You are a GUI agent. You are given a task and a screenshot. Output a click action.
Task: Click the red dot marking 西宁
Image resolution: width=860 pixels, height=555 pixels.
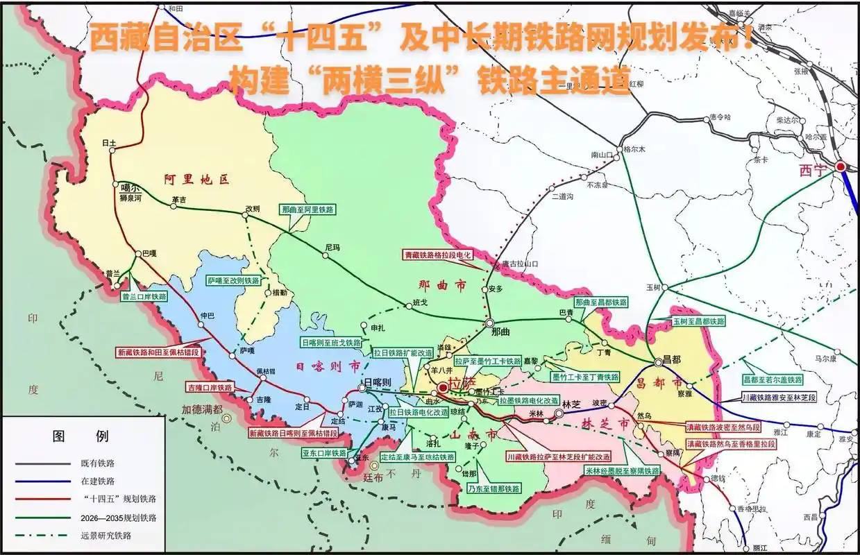(841, 166)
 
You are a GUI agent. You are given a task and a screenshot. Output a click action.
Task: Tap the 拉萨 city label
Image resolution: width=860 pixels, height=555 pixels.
(459, 382)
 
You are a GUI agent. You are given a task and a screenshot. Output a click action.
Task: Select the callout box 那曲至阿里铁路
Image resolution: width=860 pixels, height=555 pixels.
(308, 209)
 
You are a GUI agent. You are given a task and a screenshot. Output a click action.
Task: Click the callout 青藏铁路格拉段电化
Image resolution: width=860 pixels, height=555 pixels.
(438, 255)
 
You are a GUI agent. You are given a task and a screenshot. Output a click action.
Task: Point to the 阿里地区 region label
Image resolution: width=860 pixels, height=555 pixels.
(196, 179)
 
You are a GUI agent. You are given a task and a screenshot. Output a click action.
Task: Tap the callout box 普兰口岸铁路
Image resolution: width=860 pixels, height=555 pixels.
(144, 296)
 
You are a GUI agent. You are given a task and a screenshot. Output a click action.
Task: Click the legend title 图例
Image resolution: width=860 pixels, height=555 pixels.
(81, 436)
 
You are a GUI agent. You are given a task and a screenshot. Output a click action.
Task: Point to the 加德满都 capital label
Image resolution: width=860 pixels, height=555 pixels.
(202, 409)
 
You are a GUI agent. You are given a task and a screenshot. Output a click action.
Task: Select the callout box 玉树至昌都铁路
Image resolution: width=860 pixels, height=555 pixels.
(698, 321)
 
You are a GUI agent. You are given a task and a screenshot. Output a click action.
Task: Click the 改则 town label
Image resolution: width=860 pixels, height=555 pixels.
(252, 208)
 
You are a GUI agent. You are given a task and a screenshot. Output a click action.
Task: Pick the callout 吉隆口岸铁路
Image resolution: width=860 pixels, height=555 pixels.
(210, 387)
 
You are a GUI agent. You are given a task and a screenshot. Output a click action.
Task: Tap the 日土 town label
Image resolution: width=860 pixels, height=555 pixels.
(109, 143)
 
